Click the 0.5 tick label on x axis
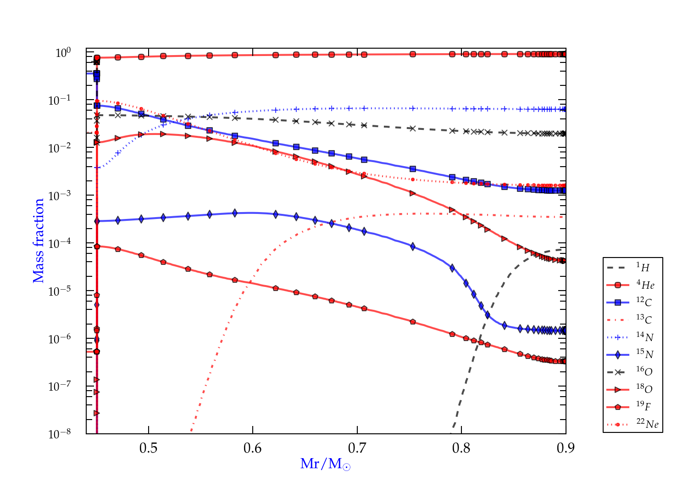pyautogui.click(x=148, y=448)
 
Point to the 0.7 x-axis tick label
pyautogui.click(x=357, y=448)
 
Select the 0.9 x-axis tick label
pyautogui.click(x=566, y=448)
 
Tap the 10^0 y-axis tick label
pyautogui.click(x=63, y=53)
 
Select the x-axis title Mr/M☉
pyautogui.click(x=326, y=464)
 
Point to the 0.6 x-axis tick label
pyautogui.click(x=253, y=448)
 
